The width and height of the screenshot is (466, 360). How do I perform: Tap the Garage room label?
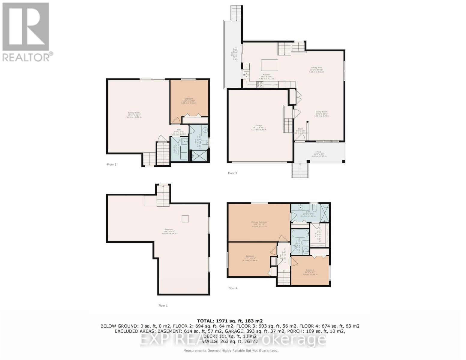pos(259,127)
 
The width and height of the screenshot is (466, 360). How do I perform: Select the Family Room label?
pos(134,115)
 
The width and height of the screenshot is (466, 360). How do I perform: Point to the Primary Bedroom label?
pos(259,224)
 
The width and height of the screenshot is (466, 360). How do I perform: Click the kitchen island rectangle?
pos(269,65)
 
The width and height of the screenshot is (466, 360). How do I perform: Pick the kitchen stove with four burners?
pos(260,84)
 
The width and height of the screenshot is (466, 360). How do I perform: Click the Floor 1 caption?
pos(163,305)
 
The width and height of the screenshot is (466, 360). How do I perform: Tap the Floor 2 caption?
pos(112,164)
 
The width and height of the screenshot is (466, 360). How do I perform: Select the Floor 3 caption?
pos(232,173)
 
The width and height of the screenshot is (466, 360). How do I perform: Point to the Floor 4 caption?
pos(233,288)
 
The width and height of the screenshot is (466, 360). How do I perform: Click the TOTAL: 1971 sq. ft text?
pos(230,321)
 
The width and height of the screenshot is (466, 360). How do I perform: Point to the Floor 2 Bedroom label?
pos(188,101)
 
